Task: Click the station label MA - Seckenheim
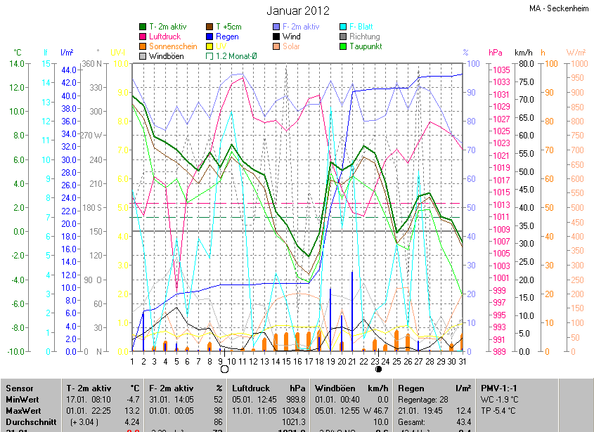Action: (x=559, y=9)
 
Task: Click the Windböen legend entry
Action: (x=165, y=55)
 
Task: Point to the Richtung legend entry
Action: (x=364, y=37)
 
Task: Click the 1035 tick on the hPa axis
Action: (x=501, y=70)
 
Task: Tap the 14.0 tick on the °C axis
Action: (x=16, y=64)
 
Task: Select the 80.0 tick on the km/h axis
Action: (x=524, y=64)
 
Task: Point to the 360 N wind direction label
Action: (x=92, y=64)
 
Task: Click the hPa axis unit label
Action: (x=496, y=53)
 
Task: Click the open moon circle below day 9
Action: (x=225, y=369)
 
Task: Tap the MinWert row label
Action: (x=23, y=400)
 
